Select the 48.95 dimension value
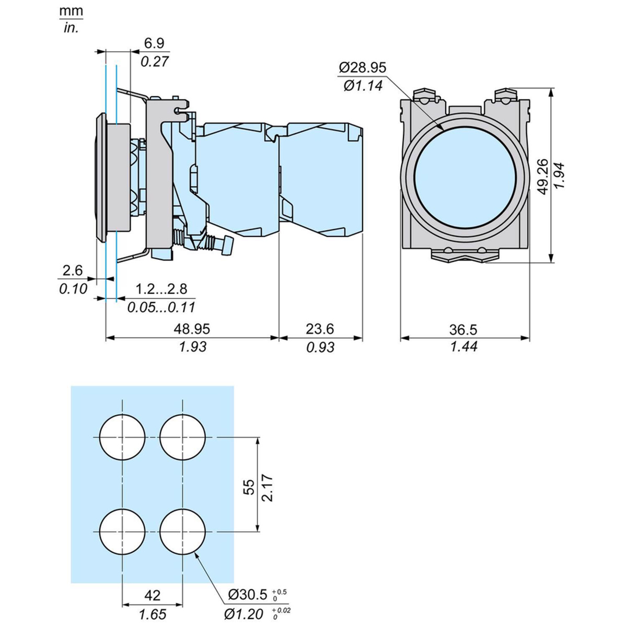(191, 329)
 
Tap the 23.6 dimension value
(319, 329)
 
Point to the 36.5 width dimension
(463, 329)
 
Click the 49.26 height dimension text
(543, 177)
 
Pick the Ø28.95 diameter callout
(362, 67)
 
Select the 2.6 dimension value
(73, 270)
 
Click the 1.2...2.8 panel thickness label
(161, 289)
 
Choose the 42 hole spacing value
(152, 595)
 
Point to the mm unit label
(71, 11)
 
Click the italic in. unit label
(71, 28)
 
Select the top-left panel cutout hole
(122, 437)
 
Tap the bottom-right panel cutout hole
(182, 531)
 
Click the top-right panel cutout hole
(182, 437)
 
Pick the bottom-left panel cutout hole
(122, 531)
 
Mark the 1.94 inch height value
(560, 177)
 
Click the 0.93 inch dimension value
(320, 347)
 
